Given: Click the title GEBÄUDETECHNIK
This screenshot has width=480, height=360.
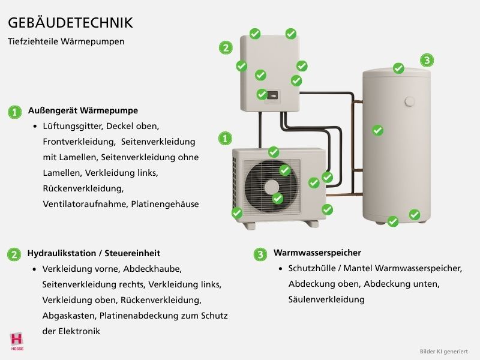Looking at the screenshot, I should [70, 23].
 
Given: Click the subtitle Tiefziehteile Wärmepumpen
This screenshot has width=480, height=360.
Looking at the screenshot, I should [66, 42].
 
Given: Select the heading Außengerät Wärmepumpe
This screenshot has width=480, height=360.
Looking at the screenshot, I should [83, 111].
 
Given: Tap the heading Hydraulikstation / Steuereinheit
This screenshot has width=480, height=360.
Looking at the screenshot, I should [94, 254].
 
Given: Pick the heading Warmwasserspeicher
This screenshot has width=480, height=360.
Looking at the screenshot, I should [317, 253].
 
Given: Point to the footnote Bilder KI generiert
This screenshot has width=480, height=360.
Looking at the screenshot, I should [443, 351].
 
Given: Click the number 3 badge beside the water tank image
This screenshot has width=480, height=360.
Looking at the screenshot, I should [427, 60].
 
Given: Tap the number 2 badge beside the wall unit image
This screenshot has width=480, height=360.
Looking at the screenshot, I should [226, 48].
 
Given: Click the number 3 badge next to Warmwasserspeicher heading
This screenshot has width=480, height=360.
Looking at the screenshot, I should [260, 254].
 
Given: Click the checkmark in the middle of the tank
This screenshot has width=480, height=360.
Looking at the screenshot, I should [377, 130].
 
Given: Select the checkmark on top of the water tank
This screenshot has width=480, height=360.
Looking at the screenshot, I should [398, 68].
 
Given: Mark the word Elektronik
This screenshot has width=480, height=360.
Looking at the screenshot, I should [76, 331].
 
